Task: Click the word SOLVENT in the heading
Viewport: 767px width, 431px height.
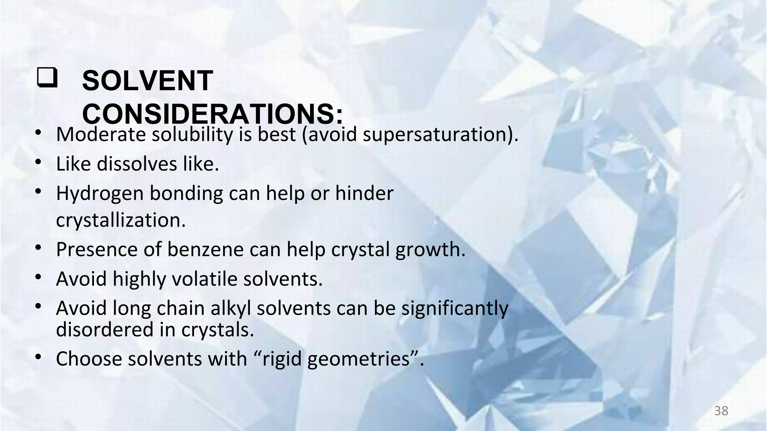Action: pyautogui.click(x=148, y=81)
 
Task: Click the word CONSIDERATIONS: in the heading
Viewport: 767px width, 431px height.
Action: pyautogui.click(x=212, y=114)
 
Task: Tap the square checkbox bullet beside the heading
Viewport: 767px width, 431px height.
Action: pyautogui.click(x=47, y=78)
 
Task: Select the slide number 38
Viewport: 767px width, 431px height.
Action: pyautogui.click(x=721, y=411)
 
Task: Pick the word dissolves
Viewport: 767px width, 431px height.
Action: pyautogui.click(x=137, y=164)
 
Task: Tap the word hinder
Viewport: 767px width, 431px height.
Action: pyautogui.click(x=364, y=193)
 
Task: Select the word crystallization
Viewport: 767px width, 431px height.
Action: pyautogui.click(x=121, y=220)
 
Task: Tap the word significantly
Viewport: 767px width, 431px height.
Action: pyautogui.click(x=455, y=309)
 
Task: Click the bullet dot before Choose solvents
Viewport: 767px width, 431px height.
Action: pyautogui.click(x=38, y=357)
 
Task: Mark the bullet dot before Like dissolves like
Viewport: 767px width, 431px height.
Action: pyautogui.click(x=38, y=162)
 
